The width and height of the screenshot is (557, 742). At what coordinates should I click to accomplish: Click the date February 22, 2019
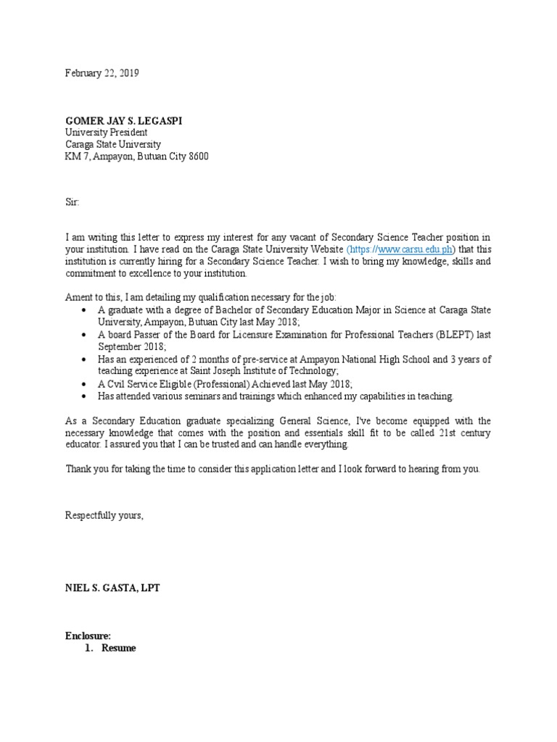point(102,73)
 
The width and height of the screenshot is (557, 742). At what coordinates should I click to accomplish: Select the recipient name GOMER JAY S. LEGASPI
point(124,120)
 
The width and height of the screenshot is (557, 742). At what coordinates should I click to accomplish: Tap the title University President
point(107,133)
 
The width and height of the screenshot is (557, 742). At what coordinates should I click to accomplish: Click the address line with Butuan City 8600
point(137,157)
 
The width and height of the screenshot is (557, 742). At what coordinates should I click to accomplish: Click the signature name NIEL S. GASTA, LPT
point(112,588)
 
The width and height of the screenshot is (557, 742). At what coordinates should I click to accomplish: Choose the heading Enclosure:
point(88,635)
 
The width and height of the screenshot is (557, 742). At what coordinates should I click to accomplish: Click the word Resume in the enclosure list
point(118,648)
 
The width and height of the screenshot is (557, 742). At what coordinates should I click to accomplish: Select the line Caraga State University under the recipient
point(113,144)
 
